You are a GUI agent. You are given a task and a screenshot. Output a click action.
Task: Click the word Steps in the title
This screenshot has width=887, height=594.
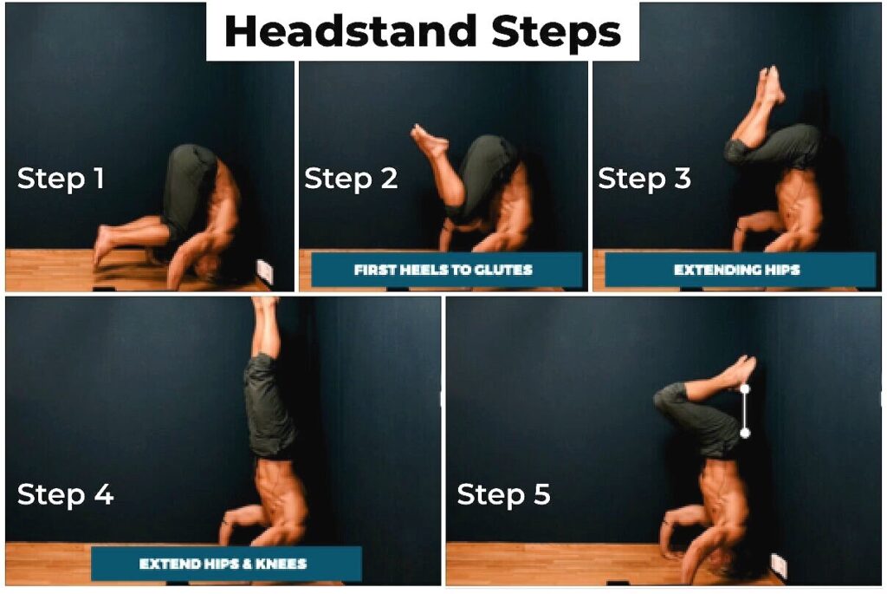click(557, 33)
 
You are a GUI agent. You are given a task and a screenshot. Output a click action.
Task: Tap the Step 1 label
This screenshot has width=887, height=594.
click(61, 179)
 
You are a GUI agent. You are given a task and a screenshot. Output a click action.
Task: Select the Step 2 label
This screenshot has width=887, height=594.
click(351, 179)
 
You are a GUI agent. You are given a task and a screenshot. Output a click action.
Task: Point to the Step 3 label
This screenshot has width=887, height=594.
click(644, 179)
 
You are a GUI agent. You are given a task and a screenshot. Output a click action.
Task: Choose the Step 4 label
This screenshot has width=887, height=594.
click(66, 494)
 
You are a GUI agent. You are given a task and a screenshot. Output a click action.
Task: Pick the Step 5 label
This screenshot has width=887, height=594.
click(503, 494)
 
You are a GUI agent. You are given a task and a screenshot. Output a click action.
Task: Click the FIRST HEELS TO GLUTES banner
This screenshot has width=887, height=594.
click(447, 270)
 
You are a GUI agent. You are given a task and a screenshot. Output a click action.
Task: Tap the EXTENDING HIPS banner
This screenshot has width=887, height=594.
click(740, 270)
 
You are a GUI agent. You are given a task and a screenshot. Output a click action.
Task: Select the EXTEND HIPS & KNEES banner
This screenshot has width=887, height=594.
click(226, 564)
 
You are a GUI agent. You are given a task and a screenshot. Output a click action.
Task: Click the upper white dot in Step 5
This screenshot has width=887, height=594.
click(744, 388)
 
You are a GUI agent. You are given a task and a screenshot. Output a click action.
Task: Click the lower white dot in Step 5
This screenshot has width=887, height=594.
click(744, 434)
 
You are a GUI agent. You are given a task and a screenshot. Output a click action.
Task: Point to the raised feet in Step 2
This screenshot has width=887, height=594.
click(429, 140)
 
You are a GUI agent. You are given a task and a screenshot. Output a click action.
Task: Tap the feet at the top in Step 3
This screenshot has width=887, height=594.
click(771, 85)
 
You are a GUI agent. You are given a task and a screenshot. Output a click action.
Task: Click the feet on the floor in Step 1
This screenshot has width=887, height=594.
click(104, 245)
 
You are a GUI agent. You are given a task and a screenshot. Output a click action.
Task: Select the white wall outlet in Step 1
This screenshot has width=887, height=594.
click(265, 271)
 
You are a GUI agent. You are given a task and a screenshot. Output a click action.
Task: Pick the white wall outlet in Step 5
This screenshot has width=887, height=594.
click(779, 564)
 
